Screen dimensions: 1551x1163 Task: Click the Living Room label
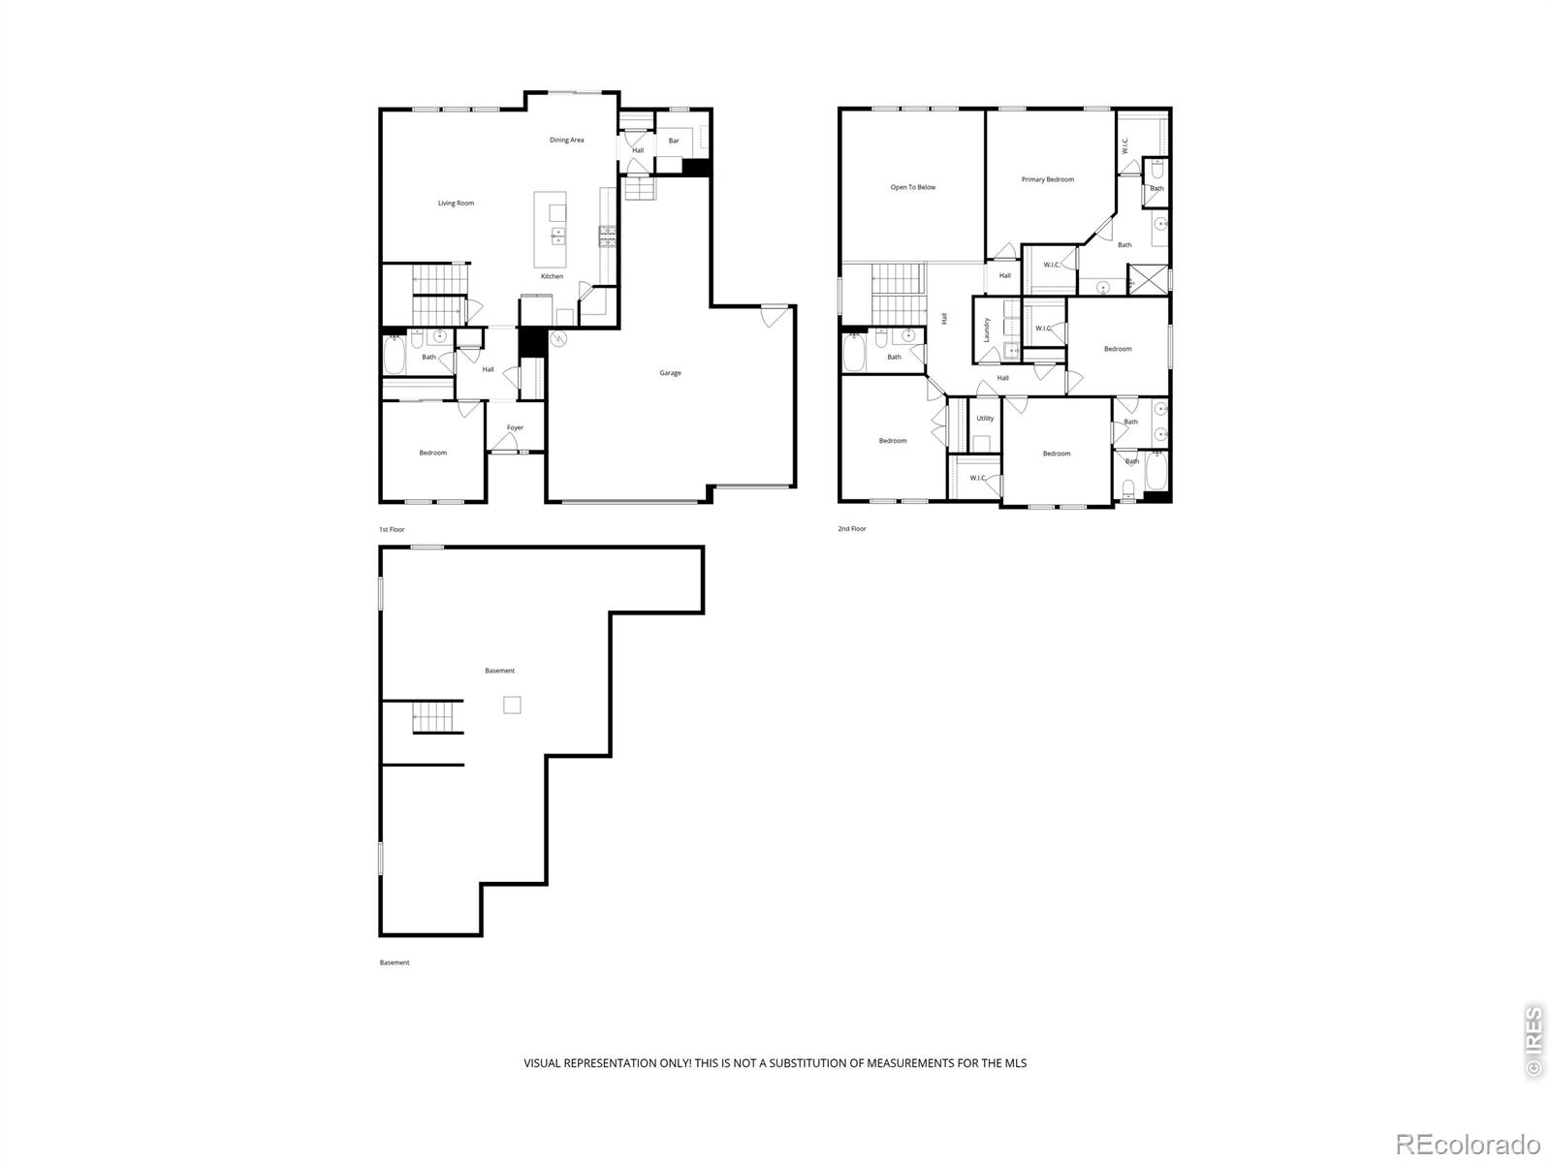pos(456,204)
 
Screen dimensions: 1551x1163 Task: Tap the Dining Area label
pos(567,140)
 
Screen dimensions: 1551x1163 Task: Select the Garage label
pos(671,373)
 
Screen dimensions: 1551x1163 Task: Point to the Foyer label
pos(515,428)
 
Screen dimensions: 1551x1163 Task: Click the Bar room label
pos(674,141)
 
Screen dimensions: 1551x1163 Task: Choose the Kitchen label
pos(552,276)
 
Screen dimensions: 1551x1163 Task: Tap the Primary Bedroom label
pos(1047,179)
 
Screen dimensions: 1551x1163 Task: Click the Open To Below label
pos(913,187)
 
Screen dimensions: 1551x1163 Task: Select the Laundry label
pos(987,330)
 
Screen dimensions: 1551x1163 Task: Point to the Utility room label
pos(985,418)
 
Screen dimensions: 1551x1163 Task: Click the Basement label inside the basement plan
pos(499,671)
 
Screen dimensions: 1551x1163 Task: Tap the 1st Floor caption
pos(392,529)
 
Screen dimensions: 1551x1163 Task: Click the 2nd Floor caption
pos(851,529)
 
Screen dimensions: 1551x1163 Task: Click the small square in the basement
pos(512,705)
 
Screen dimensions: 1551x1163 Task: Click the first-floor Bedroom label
pos(432,453)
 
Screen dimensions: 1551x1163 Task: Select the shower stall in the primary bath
pos(1148,279)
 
